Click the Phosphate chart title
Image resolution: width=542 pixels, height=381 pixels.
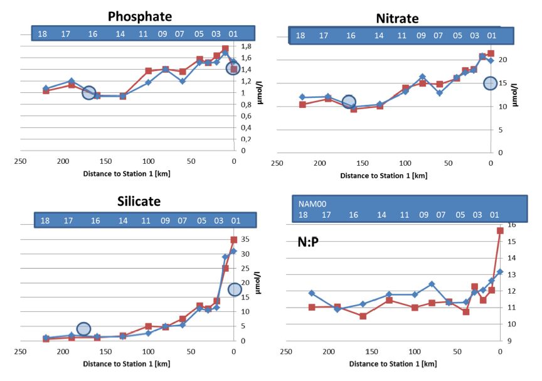[139, 16]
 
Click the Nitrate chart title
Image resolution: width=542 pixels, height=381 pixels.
[397, 18]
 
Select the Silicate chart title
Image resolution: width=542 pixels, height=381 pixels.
[139, 201]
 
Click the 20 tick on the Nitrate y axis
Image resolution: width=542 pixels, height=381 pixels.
[502, 60]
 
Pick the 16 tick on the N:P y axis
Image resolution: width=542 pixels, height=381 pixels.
[512, 225]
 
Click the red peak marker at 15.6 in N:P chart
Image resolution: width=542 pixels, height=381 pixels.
[500, 231]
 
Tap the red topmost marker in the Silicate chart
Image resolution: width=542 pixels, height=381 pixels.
[234, 240]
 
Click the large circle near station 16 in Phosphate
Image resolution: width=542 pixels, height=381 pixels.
[89, 93]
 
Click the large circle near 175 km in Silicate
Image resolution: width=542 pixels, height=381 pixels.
[83, 329]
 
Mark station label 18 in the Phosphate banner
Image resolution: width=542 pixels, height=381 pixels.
[43, 33]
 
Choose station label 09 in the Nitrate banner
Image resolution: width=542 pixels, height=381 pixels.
[421, 36]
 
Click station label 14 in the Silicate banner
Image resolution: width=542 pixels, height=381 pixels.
[123, 221]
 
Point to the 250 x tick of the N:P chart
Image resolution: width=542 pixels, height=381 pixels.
[285, 352]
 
